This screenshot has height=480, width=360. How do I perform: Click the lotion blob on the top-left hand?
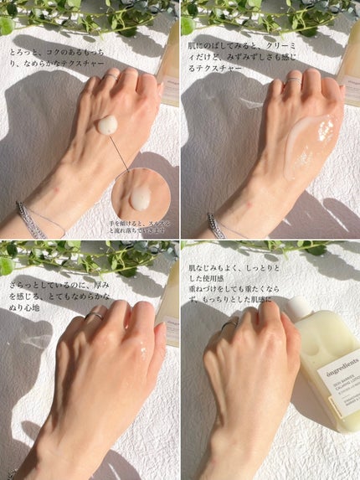(x=107, y=125)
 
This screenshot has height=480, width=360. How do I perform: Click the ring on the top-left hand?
(x=111, y=77)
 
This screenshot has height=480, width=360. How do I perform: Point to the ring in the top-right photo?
(x=294, y=80)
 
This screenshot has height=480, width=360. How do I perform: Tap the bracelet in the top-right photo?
(x=216, y=225)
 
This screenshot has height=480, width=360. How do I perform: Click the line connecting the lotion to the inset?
(x=122, y=155)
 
